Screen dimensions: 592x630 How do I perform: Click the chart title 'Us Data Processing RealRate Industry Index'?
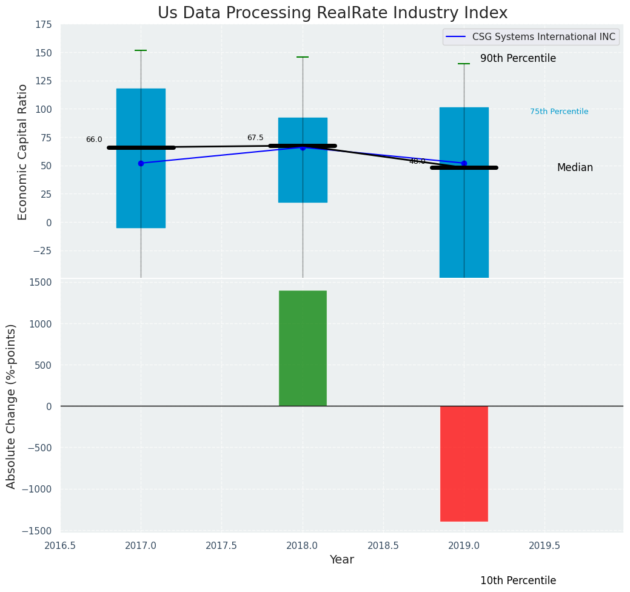[x=332, y=13]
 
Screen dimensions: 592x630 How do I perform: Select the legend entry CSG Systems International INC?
[x=531, y=37]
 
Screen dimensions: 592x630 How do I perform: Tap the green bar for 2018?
[x=303, y=348]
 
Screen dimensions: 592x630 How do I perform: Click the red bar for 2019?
[x=464, y=463]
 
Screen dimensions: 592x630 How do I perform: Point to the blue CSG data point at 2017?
[x=141, y=163]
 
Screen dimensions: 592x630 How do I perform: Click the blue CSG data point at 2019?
[x=464, y=163]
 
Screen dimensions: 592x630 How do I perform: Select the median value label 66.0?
[x=94, y=140]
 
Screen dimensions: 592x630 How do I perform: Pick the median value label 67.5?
[x=255, y=138]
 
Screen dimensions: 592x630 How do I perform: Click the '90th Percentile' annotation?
[x=518, y=59]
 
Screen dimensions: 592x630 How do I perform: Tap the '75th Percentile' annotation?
[x=559, y=112]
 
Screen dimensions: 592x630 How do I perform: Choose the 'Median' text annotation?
[x=575, y=168]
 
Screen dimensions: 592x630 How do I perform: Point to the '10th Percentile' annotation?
[x=518, y=580]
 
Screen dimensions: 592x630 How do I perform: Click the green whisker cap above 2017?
[x=141, y=50]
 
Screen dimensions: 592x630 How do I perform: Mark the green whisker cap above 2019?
[x=464, y=64]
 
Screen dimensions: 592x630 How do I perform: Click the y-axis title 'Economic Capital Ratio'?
[x=23, y=152]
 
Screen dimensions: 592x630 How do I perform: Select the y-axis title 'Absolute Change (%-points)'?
[x=12, y=406]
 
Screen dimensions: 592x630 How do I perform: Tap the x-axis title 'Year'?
[x=342, y=560]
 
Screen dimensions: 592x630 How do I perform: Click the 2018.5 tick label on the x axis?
[x=383, y=545]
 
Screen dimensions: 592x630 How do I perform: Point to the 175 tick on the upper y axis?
[x=43, y=25]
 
